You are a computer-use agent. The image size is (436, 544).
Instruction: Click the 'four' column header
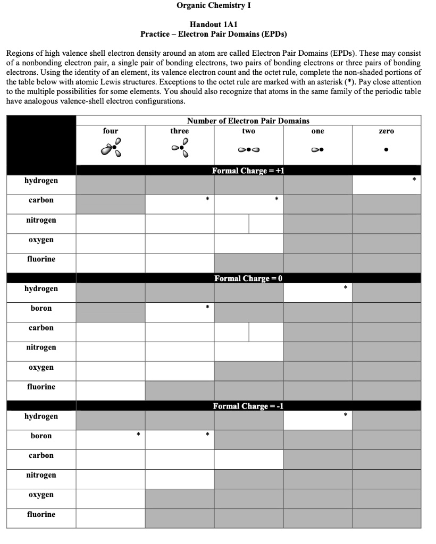(x=111, y=131)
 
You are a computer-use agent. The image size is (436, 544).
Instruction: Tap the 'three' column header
(x=179, y=131)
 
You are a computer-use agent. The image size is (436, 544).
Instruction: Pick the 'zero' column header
(x=386, y=131)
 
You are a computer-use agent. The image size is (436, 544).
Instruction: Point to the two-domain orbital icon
(x=248, y=150)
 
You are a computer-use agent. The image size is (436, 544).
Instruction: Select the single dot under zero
(x=386, y=150)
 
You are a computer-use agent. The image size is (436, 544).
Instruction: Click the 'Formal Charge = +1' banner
(x=248, y=171)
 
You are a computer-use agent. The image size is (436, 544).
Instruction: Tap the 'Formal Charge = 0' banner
(x=248, y=278)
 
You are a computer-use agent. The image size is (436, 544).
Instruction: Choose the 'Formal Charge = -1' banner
(x=248, y=406)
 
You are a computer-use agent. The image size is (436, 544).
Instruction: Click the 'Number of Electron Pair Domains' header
(x=248, y=121)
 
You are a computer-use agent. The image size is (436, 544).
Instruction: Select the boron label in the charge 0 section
(x=41, y=308)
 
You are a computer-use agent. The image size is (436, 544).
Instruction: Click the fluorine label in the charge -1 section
(x=41, y=514)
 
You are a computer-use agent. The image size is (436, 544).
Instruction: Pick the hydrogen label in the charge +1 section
(x=41, y=181)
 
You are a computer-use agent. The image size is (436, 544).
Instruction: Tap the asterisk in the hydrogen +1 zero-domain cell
(x=414, y=181)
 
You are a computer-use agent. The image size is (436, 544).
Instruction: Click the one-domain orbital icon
(x=317, y=150)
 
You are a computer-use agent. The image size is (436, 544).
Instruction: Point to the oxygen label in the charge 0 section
(x=41, y=367)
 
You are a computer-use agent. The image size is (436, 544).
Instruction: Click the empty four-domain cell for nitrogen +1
(x=111, y=224)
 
